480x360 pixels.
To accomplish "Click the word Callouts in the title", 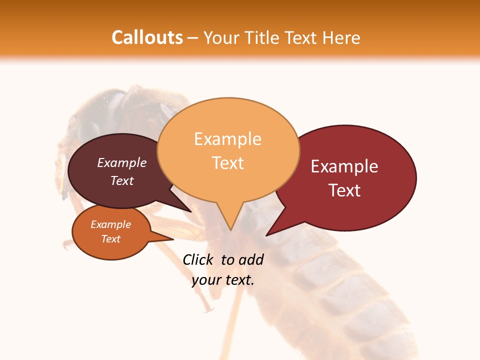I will point(147,37).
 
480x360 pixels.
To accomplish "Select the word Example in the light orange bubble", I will point(227,139).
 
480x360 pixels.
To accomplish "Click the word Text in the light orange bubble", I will point(227,162).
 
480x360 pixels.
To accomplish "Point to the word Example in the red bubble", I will point(344,166).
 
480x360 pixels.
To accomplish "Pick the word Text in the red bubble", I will point(344,190).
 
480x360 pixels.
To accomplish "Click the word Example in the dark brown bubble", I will point(122,163).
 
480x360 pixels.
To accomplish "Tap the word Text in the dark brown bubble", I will point(122,180).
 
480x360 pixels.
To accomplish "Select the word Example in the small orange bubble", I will point(110,224).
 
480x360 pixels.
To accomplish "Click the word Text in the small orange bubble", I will point(110,239).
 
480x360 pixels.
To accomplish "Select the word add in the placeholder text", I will point(250,259).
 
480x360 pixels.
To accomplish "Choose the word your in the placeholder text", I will point(205,280).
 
